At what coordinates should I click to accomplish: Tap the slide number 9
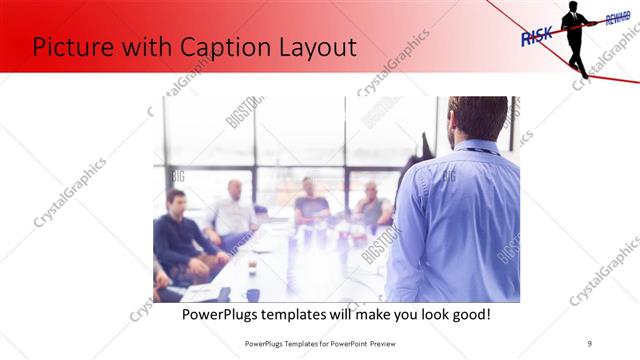(x=590, y=343)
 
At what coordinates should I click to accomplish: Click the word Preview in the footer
(x=381, y=343)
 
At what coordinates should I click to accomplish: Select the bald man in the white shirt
(x=234, y=210)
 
